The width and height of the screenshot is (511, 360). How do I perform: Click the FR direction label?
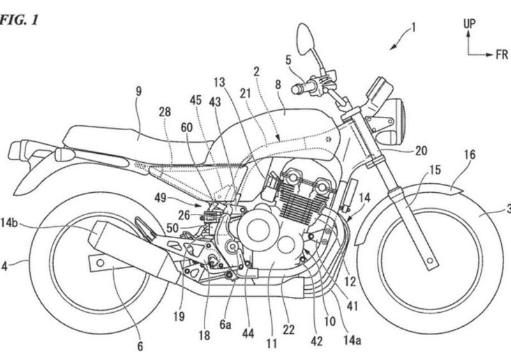[x=501, y=56]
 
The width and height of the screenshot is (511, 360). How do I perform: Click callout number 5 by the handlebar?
[x=289, y=61]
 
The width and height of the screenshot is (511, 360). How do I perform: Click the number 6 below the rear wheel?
[x=140, y=347]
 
